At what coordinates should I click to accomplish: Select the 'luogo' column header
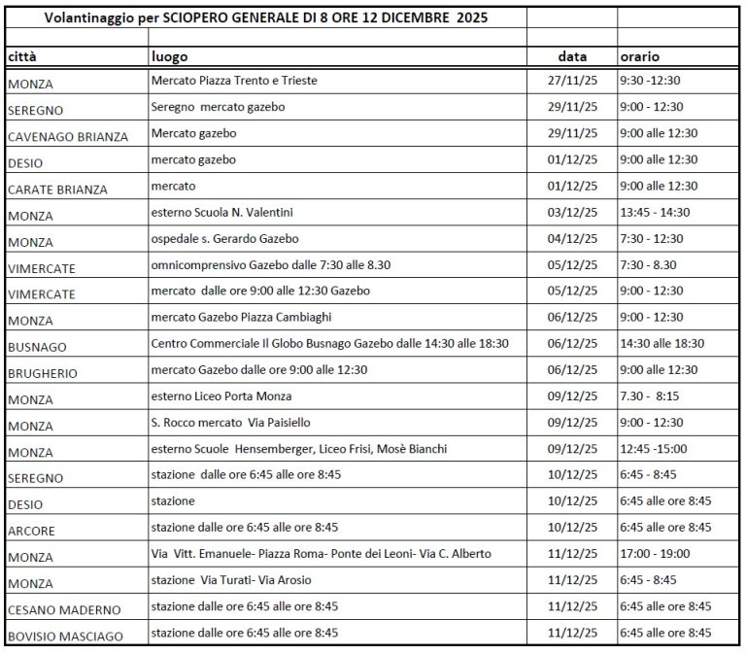pyautogui.click(x=169, y=57)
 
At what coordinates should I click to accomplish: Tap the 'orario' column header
pyautogui.click(x=640, y=57)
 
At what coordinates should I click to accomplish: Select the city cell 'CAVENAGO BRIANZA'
pyautogui.click(x=68, y=137)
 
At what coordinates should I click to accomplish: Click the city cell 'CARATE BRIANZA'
pyautogui.click(x=57, y=189)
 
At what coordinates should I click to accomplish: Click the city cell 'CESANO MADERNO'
pyautogui.click(x=64, y=609)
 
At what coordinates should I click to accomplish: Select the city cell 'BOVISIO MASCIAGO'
pyautogui.click(x=65, y=636)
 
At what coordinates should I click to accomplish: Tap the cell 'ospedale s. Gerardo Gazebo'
pyautogui.click(x=225, y=238)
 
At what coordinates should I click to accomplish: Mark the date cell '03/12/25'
pyautogui.click(x=571, y=212)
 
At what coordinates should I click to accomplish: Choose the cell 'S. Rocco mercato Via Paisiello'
pyautogui.click(x=231, y=423)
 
